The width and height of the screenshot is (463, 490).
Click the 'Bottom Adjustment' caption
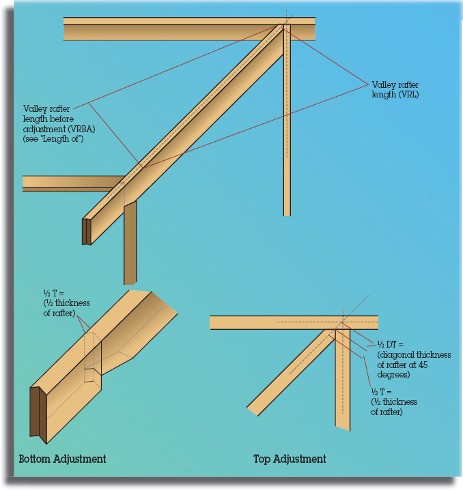click(62, 459)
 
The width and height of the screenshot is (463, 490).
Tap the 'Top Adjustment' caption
click(290, 459)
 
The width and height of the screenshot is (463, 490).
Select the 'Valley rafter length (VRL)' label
click(395, 89)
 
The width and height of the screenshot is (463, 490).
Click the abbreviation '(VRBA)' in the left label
click(81, 129)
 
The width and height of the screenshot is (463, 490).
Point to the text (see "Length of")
click(53, 139)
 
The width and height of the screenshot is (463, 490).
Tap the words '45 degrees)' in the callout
click(402, 369)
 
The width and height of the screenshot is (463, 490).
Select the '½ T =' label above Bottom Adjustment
click(53, 293)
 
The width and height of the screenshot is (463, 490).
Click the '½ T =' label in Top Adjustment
click(381, 392)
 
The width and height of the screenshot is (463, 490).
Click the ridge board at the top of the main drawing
click(189, 29)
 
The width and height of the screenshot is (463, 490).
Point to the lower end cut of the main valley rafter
click(87, 232)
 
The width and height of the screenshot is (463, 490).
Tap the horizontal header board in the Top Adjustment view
click(294, 322)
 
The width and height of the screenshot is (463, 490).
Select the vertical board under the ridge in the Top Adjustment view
click(343, 380)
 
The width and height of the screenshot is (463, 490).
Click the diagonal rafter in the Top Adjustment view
click(291, 372)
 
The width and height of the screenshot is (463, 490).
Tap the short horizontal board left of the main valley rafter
click(72, 184)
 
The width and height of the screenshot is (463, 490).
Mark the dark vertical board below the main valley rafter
click(130, 243)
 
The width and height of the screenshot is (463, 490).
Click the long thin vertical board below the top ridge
click(287, 121)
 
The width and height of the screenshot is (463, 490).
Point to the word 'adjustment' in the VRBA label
click(44, 129)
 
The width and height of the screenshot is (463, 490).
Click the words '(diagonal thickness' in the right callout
click(414, 354)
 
